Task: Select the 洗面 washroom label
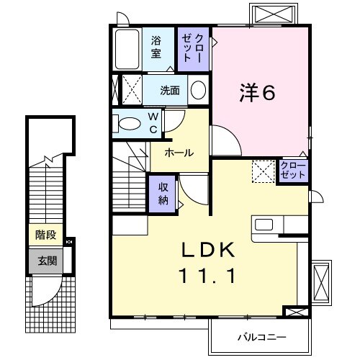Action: (x=171, y=91)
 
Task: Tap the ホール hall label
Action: (x=179, y=153)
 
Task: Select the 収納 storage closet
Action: (x=163, y=192)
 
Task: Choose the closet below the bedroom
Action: (x=293, y=171)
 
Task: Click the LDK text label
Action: (x=208, y=249)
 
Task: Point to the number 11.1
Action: (x=208, y=274)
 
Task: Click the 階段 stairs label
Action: (x=45, y=235)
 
